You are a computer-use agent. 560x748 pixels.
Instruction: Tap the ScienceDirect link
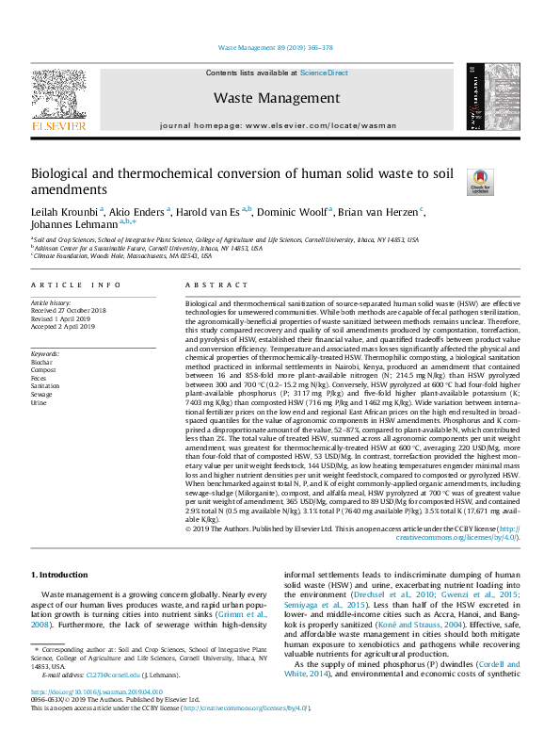[x=324, y=73]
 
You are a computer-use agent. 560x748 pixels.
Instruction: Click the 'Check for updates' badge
[x=481, y=181]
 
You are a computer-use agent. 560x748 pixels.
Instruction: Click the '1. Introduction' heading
[x=61, y=575]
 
